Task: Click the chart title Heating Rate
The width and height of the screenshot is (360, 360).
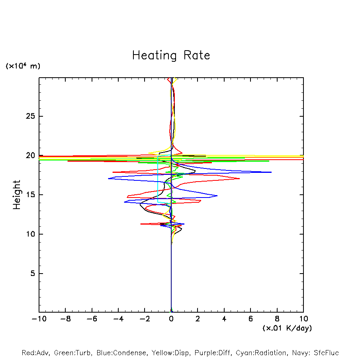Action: pos(171,55)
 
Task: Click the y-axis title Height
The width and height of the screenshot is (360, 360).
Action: pos(17,195)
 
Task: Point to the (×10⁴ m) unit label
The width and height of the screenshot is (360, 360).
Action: pos(23,66)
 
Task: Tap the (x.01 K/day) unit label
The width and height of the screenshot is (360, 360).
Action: pos(287,328)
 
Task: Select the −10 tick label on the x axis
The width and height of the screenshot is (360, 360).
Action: pos(39,319)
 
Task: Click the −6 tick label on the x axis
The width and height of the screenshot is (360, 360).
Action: pos(92,319)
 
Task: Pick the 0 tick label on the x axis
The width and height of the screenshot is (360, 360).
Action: pos(171,319)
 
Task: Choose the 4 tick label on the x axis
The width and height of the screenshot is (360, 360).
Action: pos(224,319)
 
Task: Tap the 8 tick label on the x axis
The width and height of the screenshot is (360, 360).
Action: pos(277,319)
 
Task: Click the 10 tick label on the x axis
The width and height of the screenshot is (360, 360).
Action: pos(303,319)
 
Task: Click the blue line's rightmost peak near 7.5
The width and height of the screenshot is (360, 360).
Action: pos(271,172)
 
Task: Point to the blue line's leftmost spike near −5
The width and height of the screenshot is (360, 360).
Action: pos(109,178)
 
